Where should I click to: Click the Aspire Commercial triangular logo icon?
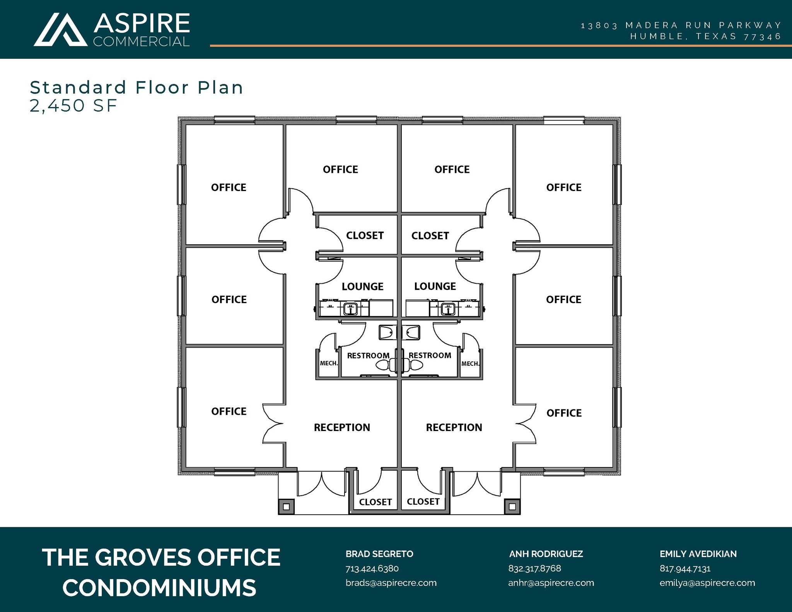61,30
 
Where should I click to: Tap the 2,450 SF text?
73,106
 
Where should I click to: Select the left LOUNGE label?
362,286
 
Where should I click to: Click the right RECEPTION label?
454,427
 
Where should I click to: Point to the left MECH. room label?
329,363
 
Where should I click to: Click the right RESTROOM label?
430,355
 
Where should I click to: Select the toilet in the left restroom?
383,365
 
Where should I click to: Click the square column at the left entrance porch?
286,506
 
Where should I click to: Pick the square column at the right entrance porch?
512,506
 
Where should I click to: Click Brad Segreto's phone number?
372,568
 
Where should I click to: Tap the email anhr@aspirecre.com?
551,583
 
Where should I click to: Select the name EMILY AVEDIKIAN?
698,554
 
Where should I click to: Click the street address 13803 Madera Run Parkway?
681,26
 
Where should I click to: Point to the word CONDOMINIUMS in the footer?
159,588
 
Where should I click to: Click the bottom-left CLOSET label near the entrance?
375,502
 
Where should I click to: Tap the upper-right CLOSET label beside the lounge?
430,235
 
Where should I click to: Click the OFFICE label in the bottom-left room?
229,411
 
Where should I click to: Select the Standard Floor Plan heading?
137,87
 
